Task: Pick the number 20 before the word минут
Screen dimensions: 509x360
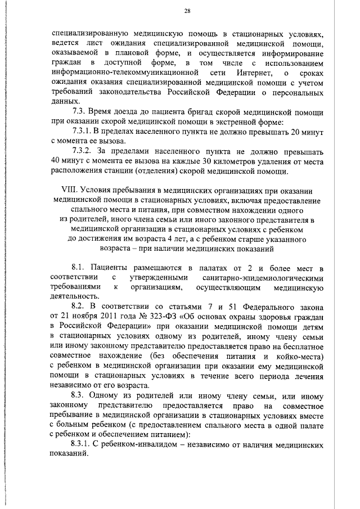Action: (291, 131)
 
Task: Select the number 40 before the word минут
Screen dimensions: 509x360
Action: (56, 161)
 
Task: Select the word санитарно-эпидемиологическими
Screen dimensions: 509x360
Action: (262, 277)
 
